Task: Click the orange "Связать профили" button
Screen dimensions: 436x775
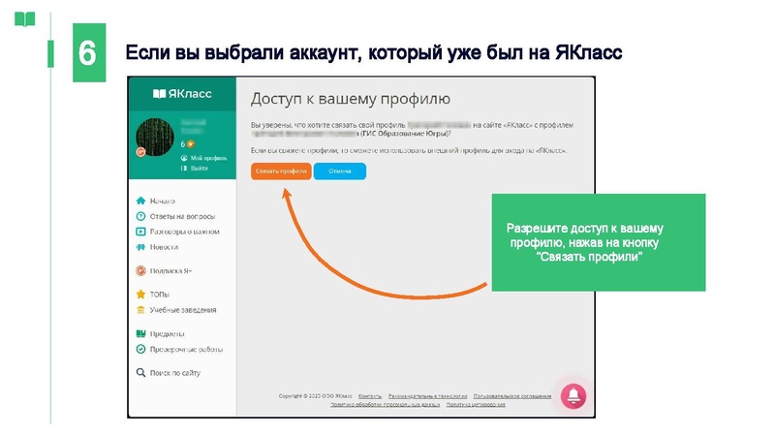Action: tap(280, 171)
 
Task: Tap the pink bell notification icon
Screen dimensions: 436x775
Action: tap(573, 394)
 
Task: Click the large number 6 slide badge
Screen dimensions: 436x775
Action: tap(87, 53)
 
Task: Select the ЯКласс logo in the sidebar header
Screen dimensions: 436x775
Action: tap(182, 94)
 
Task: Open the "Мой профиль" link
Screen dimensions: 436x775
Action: tap(207, 157)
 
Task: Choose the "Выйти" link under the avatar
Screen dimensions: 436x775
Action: tap(199, 169)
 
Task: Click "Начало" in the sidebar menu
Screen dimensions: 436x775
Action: tap(162, 201)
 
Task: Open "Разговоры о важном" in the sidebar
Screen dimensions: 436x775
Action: tap(184, 232)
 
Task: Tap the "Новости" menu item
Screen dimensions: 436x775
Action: tap(164, 247)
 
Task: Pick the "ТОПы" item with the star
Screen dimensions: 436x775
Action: tap(160, 294)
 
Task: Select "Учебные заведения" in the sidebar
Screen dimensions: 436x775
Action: tap(182, 310)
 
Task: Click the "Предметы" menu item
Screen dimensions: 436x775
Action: tap(167, 334)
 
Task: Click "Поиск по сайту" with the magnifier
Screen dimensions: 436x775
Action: tap(174, 373)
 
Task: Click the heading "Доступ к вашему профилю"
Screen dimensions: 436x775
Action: tap(350, 99)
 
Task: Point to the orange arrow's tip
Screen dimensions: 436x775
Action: tap(285, 190)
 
